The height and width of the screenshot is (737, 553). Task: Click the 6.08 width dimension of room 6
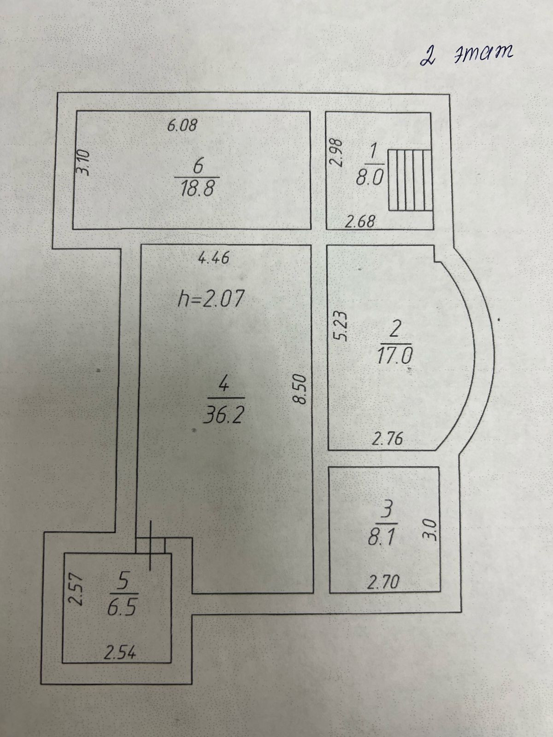[x=182, y=125]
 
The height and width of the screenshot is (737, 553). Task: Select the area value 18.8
[x=197, y=188]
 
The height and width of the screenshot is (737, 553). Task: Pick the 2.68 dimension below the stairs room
[x=360, y=222]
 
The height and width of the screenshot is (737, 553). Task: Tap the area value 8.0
[x=370, y=177]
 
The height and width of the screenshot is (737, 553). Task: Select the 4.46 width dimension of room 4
[x=213, y=258]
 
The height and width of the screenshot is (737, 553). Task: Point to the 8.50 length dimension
[x=300, y=389]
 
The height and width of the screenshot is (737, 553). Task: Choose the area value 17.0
[x=395, y=356]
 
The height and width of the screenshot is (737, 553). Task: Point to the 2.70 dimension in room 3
[x=383, y=584]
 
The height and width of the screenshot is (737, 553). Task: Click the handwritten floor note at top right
[x=466, y=56]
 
